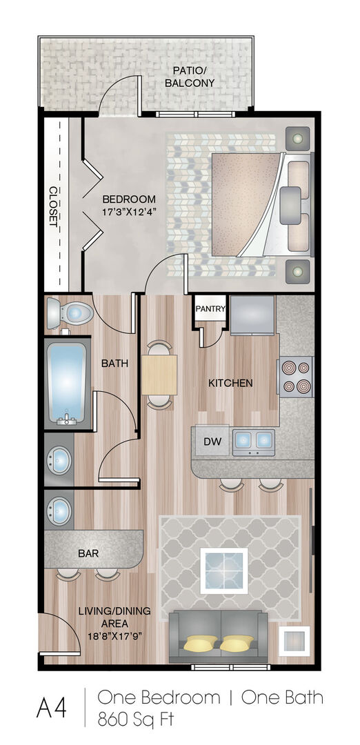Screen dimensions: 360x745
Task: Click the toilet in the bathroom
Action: point(70,312)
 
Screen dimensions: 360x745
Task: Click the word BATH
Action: point(115,364)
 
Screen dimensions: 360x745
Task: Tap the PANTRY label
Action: point(210,308)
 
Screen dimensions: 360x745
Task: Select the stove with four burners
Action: point(295,377)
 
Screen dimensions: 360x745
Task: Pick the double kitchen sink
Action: point(253,442)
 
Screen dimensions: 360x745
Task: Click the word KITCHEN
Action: point(231,383)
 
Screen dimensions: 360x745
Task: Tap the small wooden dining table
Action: point(159,375)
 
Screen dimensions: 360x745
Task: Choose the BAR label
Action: point(88,553)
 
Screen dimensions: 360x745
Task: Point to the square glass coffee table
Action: point(223,570)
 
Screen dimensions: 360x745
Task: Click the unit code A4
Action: point(51,708)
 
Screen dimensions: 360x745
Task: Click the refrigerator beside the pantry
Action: point(252,315)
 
